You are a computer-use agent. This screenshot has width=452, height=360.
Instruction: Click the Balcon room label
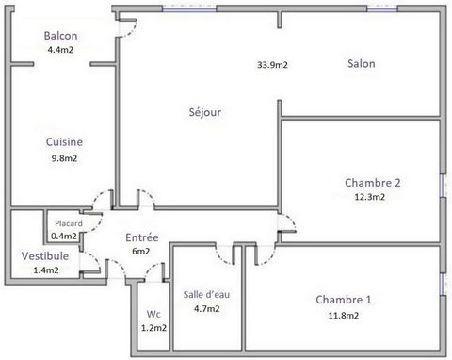pos(60,36)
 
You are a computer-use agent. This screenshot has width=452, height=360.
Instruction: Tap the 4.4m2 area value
pos(60,50)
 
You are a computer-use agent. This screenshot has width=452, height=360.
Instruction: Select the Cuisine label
pos(64,142)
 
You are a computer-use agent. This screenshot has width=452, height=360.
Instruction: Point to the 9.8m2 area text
pos(64,158)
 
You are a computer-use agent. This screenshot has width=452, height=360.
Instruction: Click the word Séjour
pos(205,112)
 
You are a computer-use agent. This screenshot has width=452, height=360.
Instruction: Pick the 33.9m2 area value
pos(272,65)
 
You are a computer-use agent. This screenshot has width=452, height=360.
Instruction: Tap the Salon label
pos(362,63)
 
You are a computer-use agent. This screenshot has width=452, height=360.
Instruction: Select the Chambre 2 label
pos(373,183)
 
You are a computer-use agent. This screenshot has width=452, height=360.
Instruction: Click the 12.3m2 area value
pos(370,197)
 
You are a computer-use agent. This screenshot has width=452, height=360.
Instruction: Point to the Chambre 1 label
pos(344,300)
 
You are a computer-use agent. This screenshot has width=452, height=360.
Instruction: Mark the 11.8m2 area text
pos(344,316)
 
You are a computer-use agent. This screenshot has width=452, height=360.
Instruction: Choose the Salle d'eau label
pos(206,294)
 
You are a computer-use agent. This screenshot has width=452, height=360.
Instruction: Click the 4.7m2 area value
pos(207,309)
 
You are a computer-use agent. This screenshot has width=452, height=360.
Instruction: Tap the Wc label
pos(153,314)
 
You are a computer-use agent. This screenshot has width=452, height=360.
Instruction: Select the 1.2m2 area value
pos(153,328)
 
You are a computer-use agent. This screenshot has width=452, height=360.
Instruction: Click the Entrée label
pos(142,237)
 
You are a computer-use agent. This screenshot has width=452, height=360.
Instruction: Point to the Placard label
pos(69,223)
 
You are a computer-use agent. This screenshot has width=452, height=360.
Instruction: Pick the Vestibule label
pos(45,255)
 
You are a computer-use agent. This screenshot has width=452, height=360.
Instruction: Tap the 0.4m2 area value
pos(64,236)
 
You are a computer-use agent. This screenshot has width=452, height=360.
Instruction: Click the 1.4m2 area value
pos(46,270)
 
